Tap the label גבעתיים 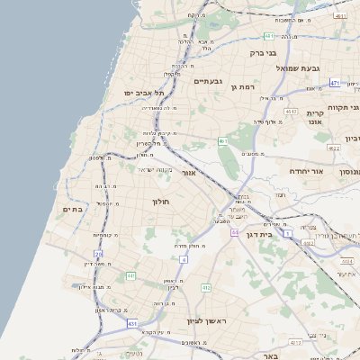tap(209, 80)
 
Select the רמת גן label tap(244, 86)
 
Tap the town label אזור tap(189, 172)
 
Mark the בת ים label tap(73, 209)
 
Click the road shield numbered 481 tap(269, 36)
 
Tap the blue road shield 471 tap(335, 83)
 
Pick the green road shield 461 tap(221, 141)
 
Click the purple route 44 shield tap(234, 232)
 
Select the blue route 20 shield tap(98, 255)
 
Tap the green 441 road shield tap(130, 275)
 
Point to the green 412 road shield tap(206, 288)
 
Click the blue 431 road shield tap(132, 323)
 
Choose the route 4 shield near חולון tap(184, 259)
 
